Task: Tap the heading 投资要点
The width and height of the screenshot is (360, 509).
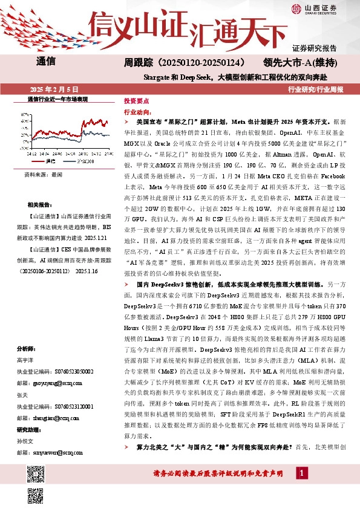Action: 137,102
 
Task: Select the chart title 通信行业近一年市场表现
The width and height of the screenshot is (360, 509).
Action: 58,98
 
